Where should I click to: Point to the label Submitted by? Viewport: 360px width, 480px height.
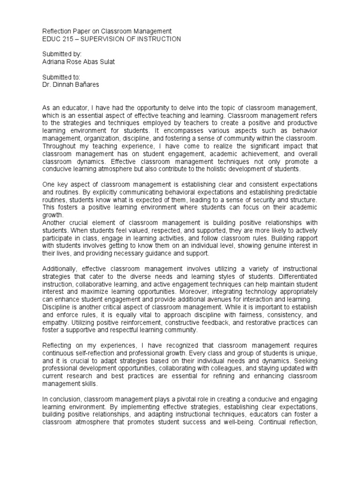[x=58, y=54]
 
